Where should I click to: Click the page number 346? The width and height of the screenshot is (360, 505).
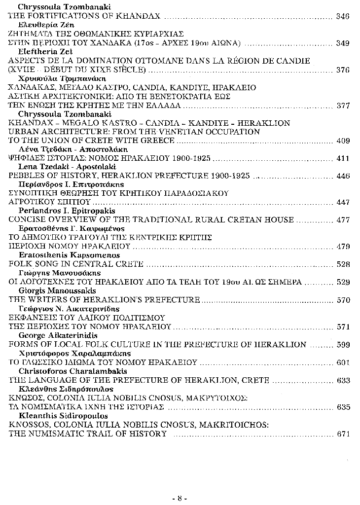click(342, 16)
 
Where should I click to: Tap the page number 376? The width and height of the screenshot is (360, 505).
click(342, 70)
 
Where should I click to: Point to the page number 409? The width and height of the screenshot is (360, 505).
click(342, 141)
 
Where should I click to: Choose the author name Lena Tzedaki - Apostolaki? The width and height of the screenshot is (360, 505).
click(59, 167)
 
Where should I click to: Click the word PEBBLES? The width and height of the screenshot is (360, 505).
click(25, 176)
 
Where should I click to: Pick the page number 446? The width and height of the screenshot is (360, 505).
click(342, 176)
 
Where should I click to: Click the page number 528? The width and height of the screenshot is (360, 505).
click(342, 264)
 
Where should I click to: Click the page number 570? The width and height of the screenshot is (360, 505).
click(342, 300)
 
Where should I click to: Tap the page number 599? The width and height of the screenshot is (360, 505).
click(342, 345)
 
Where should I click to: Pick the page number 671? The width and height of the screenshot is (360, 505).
click(342, 434)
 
